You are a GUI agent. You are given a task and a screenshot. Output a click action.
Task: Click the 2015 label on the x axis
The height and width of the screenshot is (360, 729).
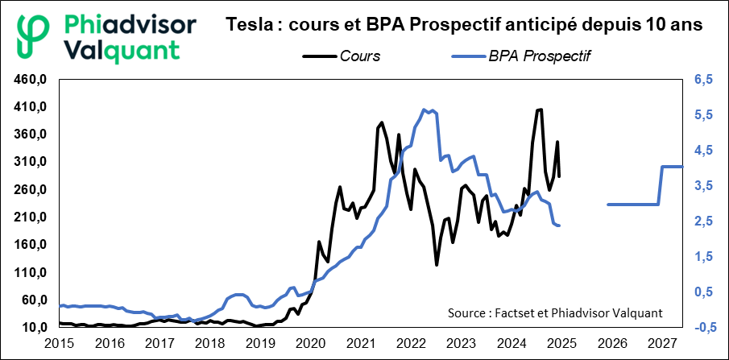60,344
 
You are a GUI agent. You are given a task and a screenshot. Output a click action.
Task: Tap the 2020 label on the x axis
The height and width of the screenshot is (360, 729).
311,344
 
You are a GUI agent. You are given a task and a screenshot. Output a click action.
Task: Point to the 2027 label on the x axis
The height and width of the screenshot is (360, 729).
661,344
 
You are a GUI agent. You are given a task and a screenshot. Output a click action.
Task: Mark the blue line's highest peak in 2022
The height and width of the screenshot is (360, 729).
425,110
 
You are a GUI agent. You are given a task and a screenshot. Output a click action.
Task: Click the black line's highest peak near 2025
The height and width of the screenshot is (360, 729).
540,110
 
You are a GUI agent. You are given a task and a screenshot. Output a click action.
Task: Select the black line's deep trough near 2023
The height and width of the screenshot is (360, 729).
437,264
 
